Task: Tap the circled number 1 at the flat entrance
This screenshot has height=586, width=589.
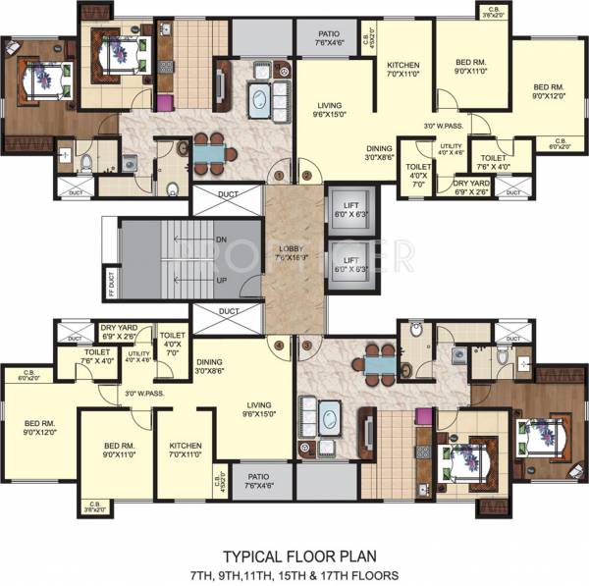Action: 281,176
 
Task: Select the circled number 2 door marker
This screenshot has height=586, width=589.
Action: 306,176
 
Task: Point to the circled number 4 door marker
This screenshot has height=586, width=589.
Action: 281,345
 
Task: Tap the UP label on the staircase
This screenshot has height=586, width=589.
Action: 222,280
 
